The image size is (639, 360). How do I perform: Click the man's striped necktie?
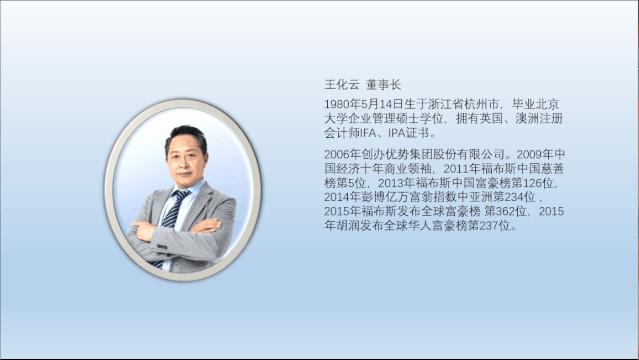[x=174, y=209]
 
